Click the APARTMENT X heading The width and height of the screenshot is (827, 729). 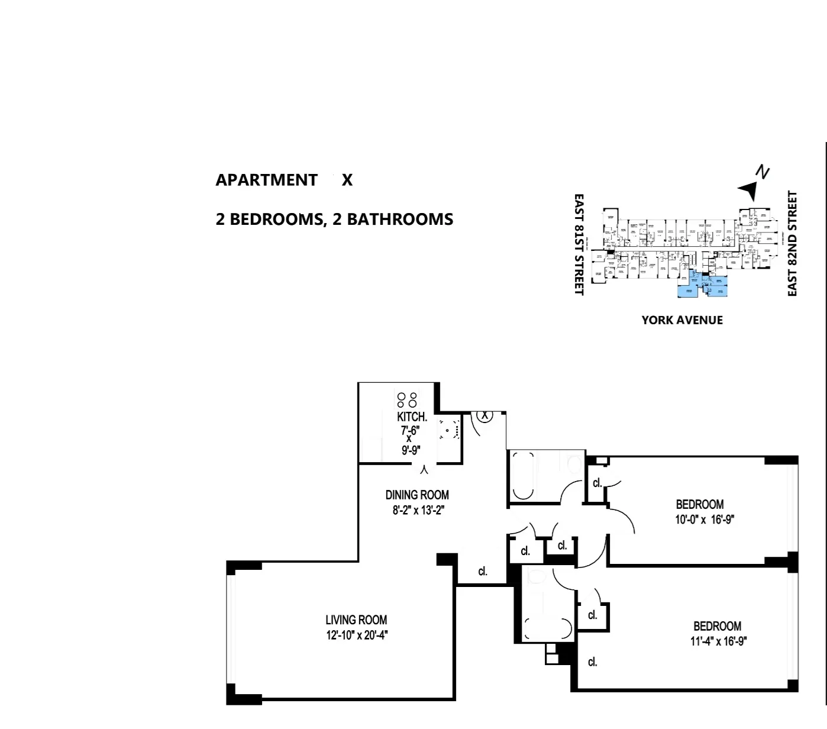coord(284,180)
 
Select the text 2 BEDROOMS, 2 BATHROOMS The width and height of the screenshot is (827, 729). coord(334,220)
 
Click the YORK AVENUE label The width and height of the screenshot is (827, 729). coord(681,320)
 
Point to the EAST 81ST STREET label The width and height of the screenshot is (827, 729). coord(579,244)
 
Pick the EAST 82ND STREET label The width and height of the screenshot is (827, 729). coord(793,244)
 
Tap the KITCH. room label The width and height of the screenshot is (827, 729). coord(412,417)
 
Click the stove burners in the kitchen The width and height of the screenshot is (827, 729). coord(407,399)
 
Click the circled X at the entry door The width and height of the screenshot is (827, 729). coord(485,415)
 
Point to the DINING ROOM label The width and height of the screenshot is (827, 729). coord(417,495)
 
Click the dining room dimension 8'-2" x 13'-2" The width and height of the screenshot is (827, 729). coord(418,510)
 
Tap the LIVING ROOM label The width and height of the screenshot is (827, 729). coord(356,620)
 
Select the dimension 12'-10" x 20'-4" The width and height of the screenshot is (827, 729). coord(356,636)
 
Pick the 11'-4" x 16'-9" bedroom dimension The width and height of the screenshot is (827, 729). coord(717,641)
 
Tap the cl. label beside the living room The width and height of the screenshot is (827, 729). coord(483,572)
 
